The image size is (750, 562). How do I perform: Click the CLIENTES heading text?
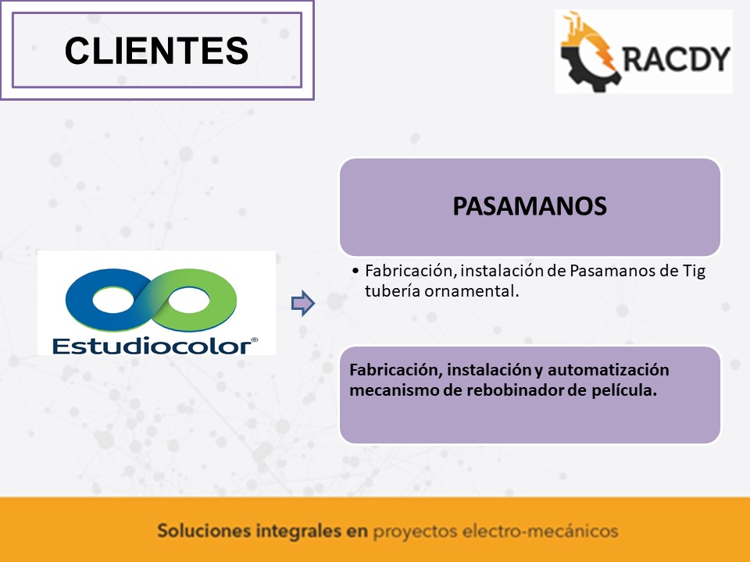click(x=156, y=51)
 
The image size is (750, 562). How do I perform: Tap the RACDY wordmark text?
click(x=677, y=59)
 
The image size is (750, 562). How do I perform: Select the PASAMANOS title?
click(x=530, y=206)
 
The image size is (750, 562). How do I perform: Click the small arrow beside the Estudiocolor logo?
click(x=303, y=303)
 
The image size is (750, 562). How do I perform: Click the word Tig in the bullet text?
click(x=694, y=272)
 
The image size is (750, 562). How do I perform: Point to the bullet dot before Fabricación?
click(x=355, y=271)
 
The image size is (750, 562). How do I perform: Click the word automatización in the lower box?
click(x=609, y=370)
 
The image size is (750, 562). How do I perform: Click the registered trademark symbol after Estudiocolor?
click(x=255, y=340)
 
